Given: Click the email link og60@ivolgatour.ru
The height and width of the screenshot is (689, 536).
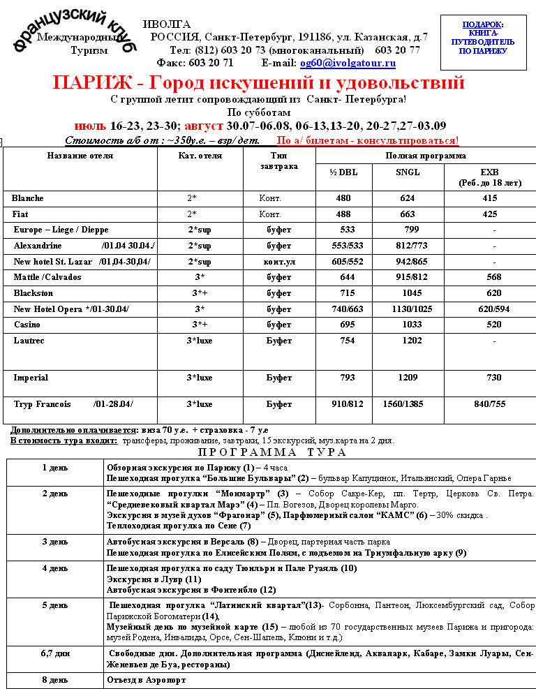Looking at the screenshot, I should click(x=348, y=64).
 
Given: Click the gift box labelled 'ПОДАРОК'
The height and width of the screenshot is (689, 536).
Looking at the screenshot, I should click(x=482, y=42).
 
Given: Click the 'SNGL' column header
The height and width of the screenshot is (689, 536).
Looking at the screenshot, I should click(x=408, y=173).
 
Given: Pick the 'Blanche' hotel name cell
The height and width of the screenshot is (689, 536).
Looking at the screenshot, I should click(x=28, y=198).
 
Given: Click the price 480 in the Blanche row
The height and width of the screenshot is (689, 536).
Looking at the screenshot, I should click(x=343, y=198).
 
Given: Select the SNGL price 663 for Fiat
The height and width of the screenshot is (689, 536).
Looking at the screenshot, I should click(x=408, y=214).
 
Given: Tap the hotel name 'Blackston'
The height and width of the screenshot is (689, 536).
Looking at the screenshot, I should click(x=33, y=293).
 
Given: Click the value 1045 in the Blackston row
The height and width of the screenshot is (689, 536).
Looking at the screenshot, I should click(x=408, y=293).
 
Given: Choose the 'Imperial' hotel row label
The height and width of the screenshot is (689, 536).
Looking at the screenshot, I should click(x=31, y=378).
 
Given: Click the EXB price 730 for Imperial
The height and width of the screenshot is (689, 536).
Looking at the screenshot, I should click(x=493, y=378).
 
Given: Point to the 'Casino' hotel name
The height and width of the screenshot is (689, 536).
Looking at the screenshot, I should click(x=28, y=325).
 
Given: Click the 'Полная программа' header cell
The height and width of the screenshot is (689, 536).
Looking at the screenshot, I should click(x=425, y=156).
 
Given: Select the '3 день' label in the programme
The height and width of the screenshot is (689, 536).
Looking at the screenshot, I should click(x=55, y=542).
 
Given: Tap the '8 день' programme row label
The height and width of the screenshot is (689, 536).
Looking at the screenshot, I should click(x=55, y=679).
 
